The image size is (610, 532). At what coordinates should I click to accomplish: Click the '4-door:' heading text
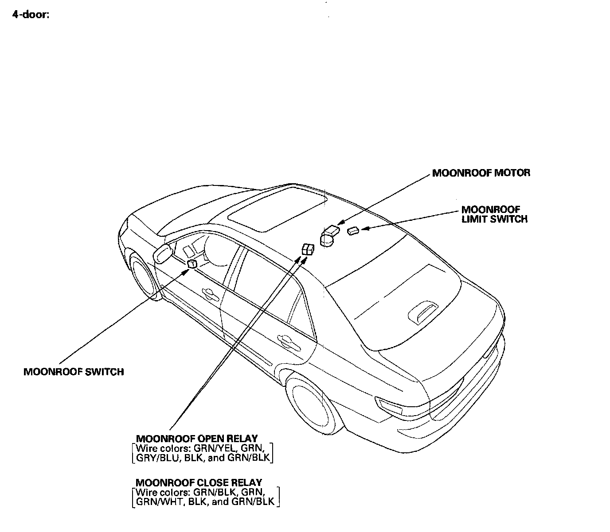tap(31, 14)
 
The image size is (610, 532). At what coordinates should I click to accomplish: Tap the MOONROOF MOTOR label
tap(481, 173)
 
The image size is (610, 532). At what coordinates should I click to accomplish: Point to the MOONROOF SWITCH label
tap(74, 372)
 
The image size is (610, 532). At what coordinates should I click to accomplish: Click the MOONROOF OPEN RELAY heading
tap(197, 439)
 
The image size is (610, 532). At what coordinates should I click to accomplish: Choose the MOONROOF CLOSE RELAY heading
tap(199, 482)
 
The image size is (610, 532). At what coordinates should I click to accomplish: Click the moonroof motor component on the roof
tap(329, 235)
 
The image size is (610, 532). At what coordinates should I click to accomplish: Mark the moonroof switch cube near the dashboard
tap(192, 264)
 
